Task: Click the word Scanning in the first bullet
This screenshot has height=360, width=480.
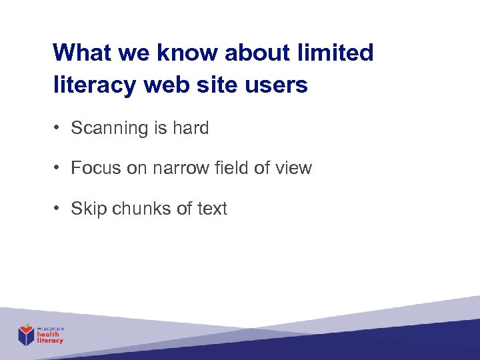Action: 110,128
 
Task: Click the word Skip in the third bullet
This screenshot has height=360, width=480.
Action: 89,209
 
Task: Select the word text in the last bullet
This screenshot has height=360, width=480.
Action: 212,209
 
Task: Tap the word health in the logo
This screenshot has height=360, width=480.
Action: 49,335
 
